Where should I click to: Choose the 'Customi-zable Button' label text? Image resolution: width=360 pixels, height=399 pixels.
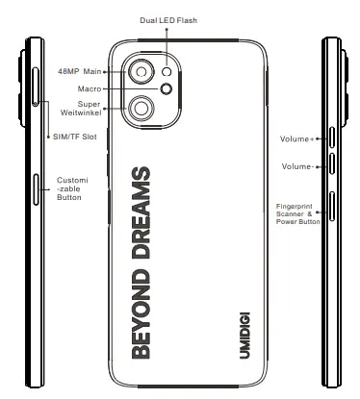[73, 188]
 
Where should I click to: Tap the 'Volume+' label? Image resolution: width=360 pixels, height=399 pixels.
[296, 138]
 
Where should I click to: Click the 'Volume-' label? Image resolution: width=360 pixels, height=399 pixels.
[296, 165]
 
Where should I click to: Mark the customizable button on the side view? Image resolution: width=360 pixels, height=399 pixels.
[36, 190]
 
